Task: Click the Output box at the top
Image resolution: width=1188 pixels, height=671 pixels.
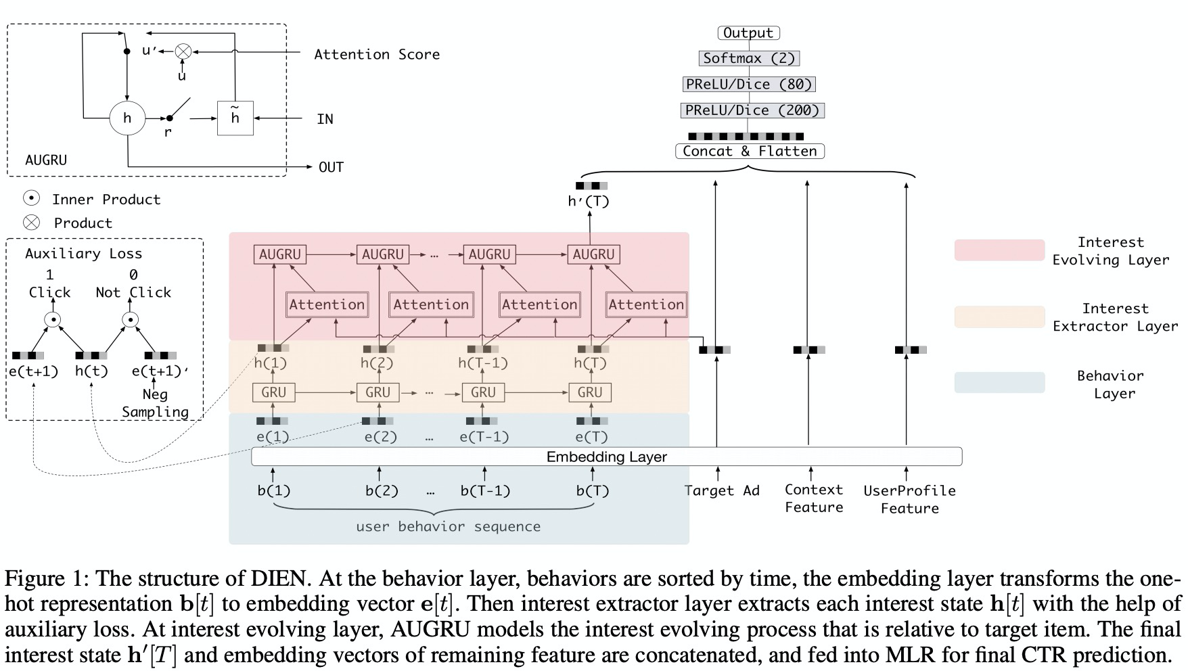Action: point(748,32)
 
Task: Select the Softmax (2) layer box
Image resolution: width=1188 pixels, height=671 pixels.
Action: point(749,58)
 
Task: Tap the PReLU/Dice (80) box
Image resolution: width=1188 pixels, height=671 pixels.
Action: point(749,85)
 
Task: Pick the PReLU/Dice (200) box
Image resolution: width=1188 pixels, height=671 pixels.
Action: point(752,110)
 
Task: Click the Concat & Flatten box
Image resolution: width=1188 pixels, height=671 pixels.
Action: point(750,152)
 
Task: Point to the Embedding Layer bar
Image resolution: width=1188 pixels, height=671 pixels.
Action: point(606,457)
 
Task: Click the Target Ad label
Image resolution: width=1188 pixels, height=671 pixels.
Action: point(722,490)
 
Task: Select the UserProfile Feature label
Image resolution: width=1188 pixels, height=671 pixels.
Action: point(909,499)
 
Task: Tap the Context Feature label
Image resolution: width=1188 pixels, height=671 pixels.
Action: point(814,499)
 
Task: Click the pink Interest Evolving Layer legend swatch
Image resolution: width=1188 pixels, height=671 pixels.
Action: point(999,250)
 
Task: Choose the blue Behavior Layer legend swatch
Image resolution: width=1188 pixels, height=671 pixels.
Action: point(999,382)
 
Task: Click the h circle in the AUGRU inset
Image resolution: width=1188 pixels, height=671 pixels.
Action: point(127,118)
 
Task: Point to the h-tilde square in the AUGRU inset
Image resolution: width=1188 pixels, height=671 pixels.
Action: point(235,118)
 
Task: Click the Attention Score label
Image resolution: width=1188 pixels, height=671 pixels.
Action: point(377,54)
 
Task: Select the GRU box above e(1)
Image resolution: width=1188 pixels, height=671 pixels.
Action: point(273,392)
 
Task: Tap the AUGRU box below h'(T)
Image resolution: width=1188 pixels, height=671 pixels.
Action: point(593,254)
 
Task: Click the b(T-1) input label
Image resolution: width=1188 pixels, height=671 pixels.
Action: point(485,490)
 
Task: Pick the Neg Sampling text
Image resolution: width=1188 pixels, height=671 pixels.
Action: point(155,403)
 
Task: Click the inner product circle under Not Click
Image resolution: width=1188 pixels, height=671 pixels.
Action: point(131,319)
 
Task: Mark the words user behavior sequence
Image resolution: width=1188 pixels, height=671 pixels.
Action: point(448,526)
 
